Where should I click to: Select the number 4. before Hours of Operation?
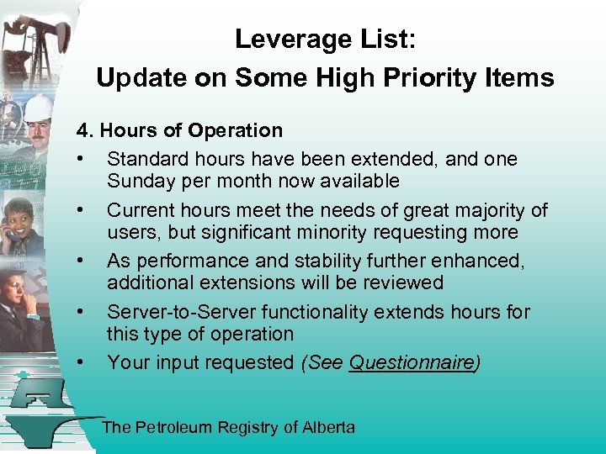point(86,131)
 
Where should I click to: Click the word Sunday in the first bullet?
point(137,182)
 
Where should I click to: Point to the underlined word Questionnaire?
point(412,363)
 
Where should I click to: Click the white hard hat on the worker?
point(37,108)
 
